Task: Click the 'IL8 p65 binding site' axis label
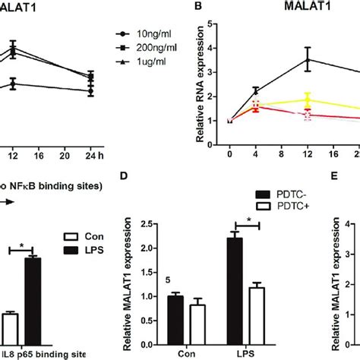tap(42, 353)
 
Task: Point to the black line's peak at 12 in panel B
tap(306, 58)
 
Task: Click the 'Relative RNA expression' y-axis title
tap(202, 75)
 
